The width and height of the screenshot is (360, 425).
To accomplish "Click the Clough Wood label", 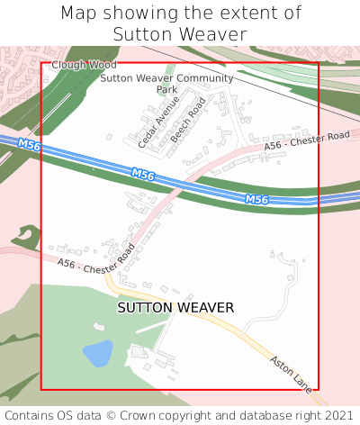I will (84, 65).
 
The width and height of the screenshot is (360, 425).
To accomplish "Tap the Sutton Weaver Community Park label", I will (166, 84).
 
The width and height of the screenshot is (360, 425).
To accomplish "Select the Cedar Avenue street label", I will (153, 127).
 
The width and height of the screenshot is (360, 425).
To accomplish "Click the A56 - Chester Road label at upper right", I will (305, 140).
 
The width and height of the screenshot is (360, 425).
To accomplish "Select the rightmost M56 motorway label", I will (257, 199).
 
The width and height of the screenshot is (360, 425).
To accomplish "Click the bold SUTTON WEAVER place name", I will (175, 308).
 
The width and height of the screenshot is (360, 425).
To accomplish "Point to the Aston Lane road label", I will (290, 373).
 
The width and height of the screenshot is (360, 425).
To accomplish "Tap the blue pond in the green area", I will (97, 352).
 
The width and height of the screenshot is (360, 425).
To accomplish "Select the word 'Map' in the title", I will (81, 14).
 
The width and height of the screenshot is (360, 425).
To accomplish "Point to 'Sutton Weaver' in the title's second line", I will (180, 35).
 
